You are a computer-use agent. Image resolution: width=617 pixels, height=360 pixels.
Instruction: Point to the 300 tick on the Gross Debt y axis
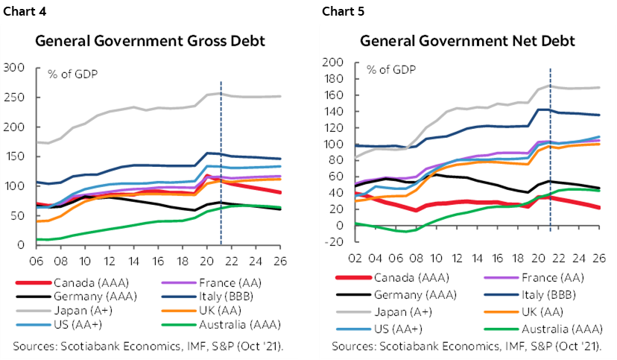coord(15,68)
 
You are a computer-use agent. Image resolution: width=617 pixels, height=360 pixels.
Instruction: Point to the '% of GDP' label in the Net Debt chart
coord(390,69)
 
